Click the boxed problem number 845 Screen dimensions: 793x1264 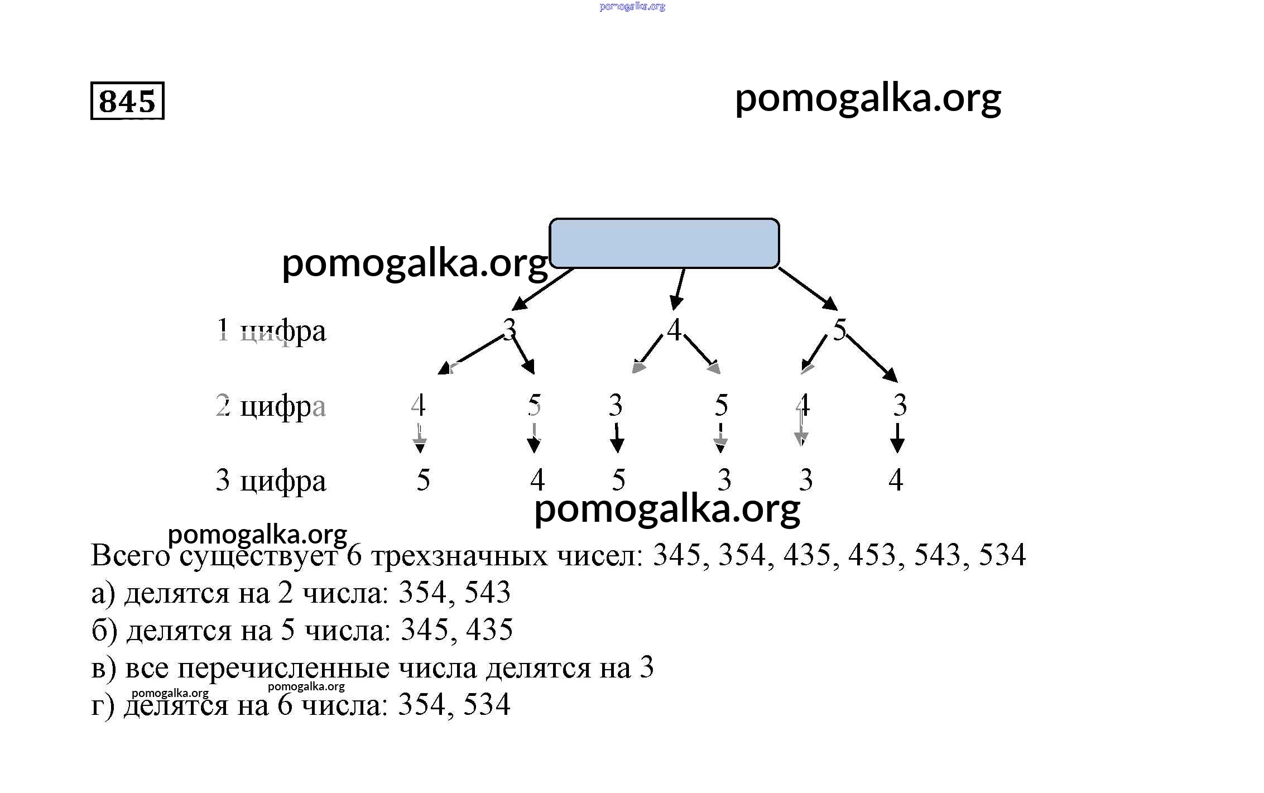pyautogui.click(x=127, y=101)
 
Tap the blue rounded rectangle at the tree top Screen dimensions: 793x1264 pyautogui.click(x=664, y=243)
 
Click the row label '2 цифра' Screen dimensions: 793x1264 pyautogui.click(x=271, y=406)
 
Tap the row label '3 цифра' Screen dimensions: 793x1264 pyautogui.click(x=271, y=480)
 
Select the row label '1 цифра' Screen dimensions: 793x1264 pyautogui.click(x=271, y=331)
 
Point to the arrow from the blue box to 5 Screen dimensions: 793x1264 pyautogui.click(x=808, y=288)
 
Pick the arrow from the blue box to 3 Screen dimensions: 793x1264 pyautogui.click(x=542, y=289)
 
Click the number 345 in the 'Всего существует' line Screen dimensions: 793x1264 pyautogui.click(x=676, y=555)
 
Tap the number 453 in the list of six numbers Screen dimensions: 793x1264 pyautogui.click(x=872, y=555)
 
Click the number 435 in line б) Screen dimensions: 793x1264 pyautogui.click(x=489, y=630)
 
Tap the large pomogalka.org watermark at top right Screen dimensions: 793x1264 pyautogui.click(x=868, y=99)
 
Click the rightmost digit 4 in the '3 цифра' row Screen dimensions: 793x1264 pyautogui.click(x=896, y=480)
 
